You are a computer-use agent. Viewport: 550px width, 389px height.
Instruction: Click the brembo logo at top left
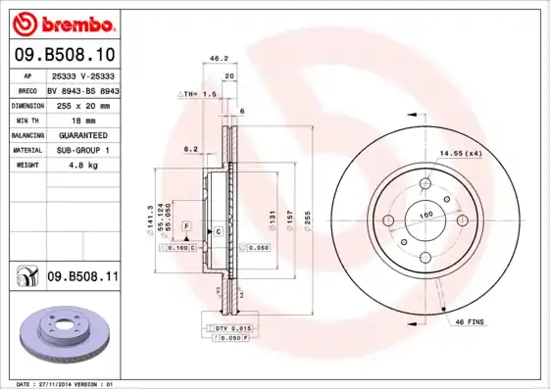click(x=63, y=23)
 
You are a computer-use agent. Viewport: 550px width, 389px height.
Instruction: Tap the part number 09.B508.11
click(x=82, y=277)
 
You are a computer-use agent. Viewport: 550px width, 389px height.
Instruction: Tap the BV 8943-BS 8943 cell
click(x=83, y=89)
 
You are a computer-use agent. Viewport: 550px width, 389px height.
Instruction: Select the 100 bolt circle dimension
click(x=426, y=215)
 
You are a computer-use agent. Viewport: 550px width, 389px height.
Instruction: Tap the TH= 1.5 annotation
click(x=198, y=93)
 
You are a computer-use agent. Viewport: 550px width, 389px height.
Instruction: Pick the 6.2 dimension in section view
click(x=190, y=149)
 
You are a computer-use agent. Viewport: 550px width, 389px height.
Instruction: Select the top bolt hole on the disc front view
click(x=425, y=183)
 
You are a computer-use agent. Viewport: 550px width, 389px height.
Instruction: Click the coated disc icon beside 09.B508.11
click(x=25, y=278)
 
